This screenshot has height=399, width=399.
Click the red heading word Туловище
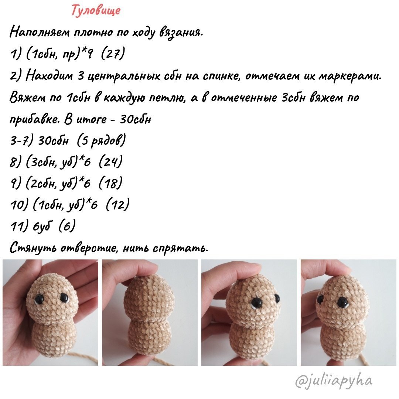(x=96, y=10)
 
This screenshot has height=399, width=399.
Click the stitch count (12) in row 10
(x=117, y=204)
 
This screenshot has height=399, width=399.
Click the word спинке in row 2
(x=219, y=76)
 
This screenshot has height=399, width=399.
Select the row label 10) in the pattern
(x=17, y=204)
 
